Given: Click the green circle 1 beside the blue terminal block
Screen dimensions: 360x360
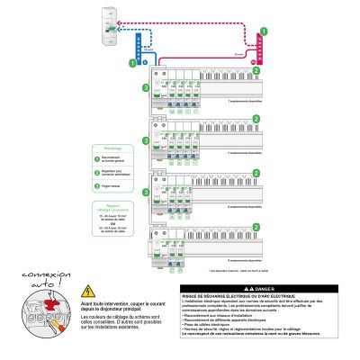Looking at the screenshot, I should [131, 64].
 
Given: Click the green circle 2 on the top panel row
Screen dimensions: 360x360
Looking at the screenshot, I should [256, 69].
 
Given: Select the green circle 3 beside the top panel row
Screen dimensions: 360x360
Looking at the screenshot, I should [146, 87].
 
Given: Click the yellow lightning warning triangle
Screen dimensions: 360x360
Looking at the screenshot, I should [88, 291].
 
